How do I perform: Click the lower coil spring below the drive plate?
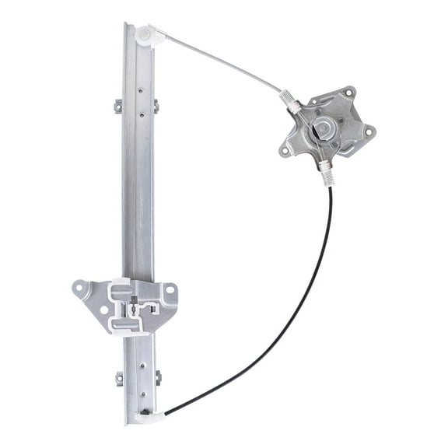(327, 174)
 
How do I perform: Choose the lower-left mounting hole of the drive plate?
(287, 149)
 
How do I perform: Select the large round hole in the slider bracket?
(103, 310)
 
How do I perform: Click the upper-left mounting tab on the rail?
(119, 105)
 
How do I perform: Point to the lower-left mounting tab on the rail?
(119, 379)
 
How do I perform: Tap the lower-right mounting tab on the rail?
(158, 378)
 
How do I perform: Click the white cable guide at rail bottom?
(150, 417)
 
